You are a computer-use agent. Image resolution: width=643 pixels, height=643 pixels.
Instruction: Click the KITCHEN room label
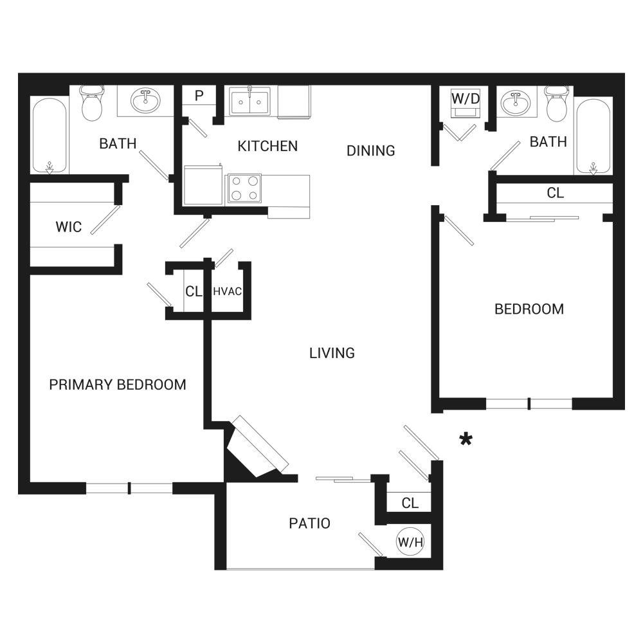click(x=267, y=147)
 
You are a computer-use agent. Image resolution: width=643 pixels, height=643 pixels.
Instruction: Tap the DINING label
click(x=370, y=151)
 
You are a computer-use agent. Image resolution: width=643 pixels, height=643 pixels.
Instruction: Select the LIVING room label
click(x=332, y=353)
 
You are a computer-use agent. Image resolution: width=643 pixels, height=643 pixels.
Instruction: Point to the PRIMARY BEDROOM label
click(x=118, y=385)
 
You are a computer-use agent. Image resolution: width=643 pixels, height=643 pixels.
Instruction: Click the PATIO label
click(x=309, y=523)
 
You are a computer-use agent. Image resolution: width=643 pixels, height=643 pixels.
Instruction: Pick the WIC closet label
click(x=68, y=227)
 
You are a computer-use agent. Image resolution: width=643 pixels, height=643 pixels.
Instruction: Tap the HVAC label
click(x=227, y=291)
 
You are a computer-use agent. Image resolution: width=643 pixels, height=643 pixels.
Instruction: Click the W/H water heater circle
click(x=410, y=543)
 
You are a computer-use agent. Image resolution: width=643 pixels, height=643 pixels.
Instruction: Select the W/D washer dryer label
click(x=465, y=99)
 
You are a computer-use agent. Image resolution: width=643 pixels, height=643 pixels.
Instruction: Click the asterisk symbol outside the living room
click(x=466, y=440)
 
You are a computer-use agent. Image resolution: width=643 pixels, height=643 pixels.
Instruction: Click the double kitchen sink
click(x=250, y=102)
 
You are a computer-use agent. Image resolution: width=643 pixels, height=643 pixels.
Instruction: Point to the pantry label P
click(x=199, y=96)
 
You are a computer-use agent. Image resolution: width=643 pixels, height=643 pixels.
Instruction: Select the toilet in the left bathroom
click(x=92, y=103)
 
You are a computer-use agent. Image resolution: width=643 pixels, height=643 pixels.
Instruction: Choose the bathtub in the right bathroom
click(x=592, y=136)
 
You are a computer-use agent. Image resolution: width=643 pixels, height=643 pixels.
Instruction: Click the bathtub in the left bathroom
click(x=50, y=135)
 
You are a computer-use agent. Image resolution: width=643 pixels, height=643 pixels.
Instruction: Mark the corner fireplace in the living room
click(x=257, y=449)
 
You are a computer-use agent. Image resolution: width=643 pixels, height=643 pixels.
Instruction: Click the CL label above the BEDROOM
click(x=555, y=193)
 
